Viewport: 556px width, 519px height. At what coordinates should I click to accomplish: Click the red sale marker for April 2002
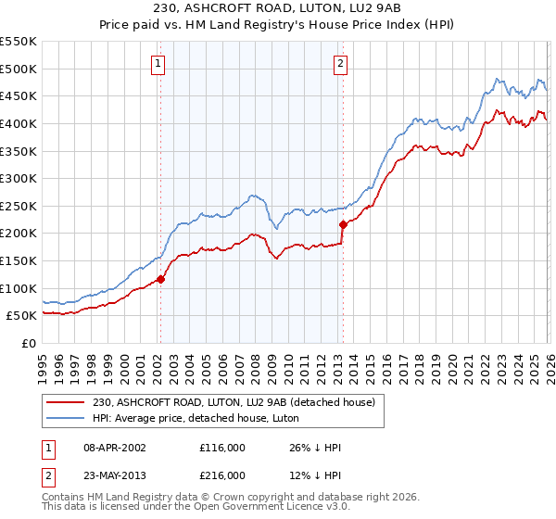click(x=160, y=279)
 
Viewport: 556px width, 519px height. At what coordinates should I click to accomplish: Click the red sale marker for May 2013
click(x=343, y=224)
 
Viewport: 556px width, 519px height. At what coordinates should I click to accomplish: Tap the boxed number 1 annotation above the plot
click(x=158, y=64)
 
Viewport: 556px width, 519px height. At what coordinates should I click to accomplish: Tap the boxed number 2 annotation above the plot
click(x=341, y=64)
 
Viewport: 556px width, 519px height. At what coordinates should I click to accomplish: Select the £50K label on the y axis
click(x=21, y=316)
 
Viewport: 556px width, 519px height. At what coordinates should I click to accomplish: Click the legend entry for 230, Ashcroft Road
click(x=233, y=402)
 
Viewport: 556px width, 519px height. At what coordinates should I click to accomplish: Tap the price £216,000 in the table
click(x=222, y=475)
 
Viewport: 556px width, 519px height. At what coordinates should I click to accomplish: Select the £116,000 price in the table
click(x=222, y=448)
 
